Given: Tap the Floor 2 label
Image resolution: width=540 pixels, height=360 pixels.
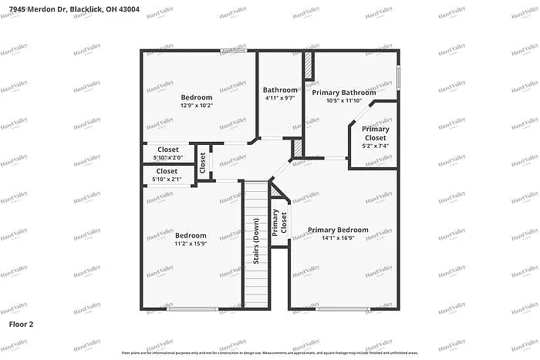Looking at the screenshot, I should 22,325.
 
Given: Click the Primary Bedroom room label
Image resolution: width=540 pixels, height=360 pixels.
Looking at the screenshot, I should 338,230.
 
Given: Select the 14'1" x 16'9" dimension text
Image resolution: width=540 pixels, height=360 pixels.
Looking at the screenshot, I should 338,239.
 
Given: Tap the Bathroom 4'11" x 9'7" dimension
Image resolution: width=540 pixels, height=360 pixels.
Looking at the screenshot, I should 279,98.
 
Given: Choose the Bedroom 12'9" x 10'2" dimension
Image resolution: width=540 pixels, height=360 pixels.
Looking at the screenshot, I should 197,106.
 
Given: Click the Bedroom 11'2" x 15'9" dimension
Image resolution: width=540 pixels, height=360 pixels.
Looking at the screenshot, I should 190,244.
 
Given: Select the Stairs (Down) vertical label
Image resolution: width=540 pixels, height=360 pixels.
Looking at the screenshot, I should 256,242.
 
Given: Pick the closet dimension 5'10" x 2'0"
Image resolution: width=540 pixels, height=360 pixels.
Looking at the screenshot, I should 167,158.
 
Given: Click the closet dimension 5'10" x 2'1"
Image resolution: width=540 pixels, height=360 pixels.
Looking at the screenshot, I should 167,180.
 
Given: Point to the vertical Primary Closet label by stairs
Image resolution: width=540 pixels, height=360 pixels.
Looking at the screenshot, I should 278,221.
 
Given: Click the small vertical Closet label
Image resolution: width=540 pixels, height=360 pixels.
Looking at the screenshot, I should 203,162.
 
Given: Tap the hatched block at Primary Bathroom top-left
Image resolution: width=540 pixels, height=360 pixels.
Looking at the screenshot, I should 308,66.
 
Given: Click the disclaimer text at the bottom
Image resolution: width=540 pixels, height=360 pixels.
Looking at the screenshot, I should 270,352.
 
